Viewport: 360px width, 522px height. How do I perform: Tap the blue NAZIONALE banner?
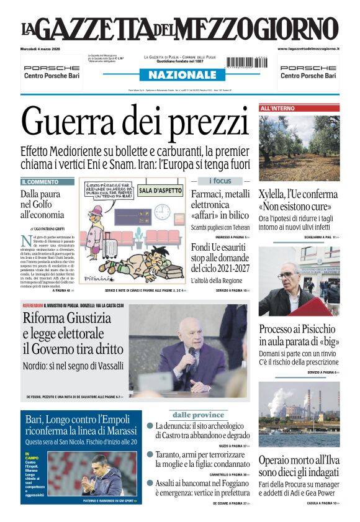click(x=178, y=75)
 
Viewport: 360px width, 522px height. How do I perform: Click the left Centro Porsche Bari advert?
click(x=55, y=72)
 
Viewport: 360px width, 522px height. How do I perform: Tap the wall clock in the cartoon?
click(x=162, y=211)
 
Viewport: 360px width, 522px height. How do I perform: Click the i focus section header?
click(x=220, y=181)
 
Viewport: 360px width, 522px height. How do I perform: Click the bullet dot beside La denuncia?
click(x=150, y=426)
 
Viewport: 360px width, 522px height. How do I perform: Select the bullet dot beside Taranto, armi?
click(x=150, y=454)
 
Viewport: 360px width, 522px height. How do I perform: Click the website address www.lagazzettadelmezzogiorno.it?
click(x=308, y=48)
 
